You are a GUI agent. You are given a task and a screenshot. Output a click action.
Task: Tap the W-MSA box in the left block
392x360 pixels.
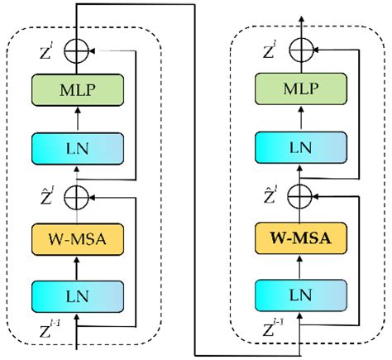77,238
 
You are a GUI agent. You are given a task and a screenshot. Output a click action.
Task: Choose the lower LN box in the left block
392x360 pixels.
77,294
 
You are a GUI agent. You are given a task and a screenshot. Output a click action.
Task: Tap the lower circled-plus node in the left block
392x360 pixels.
77,198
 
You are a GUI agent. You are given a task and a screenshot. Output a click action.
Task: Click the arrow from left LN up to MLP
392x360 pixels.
77,119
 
